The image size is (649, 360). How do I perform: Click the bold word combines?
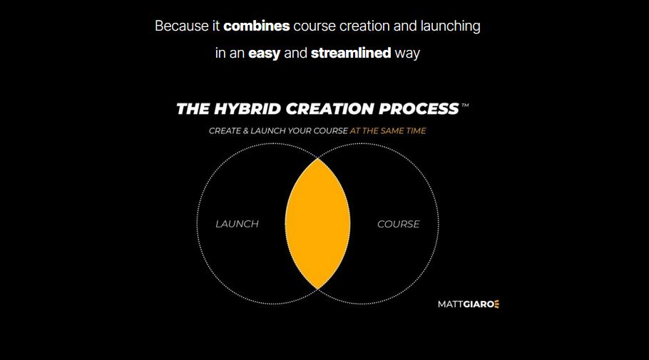(x=257, y=26)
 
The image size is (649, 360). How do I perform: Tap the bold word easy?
(x=265, y=53)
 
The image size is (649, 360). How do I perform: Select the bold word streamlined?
(x=351, y=53)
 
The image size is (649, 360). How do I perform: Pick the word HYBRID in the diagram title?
(x=246, y=109)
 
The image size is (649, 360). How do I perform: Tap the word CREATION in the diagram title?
(x=330, y=109)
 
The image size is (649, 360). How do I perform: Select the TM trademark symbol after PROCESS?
(x=465, y=106)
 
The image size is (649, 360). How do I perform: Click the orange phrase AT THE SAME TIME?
(x=388, y=131)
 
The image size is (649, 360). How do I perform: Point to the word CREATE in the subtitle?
(x=225, y=131)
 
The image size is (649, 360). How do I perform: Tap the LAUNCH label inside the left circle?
(x=237, y=224)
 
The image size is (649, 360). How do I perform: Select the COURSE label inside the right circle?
(x=398, y=224)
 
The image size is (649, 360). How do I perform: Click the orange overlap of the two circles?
(x=317, y=224)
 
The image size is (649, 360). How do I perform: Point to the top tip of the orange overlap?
(x=317, y=160)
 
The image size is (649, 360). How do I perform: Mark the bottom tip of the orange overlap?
(x=317, y=287)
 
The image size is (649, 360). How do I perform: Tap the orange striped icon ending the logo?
(x=496, y=304)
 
